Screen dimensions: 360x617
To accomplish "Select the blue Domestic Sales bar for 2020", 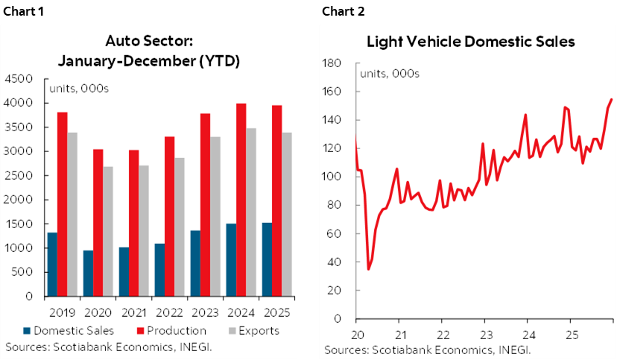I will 89,273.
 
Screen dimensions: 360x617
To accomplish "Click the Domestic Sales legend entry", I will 63,330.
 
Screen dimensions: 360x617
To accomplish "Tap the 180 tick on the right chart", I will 334,63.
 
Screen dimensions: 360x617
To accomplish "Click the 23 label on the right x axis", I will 484,334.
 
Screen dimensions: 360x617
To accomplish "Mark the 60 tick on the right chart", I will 337,233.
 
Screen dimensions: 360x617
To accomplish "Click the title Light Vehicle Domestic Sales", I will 470,42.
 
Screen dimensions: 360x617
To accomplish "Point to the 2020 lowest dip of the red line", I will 368,268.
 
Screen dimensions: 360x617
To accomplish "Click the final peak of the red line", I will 612,99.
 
